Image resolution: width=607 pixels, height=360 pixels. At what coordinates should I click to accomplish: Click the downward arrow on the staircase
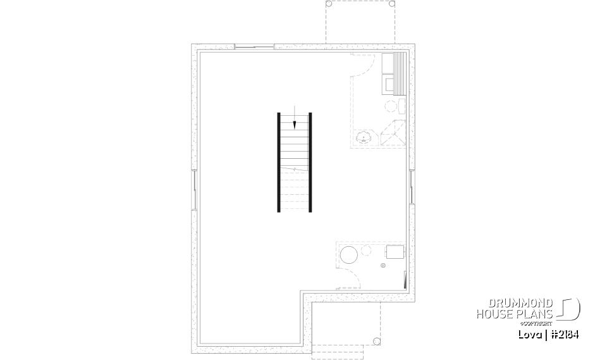(294, 125)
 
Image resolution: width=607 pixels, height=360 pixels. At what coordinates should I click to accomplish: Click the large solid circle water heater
(348, 256)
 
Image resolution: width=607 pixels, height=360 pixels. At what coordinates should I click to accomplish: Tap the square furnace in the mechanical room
(395, 251)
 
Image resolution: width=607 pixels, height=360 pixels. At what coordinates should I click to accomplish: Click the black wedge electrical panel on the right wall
(404, 280)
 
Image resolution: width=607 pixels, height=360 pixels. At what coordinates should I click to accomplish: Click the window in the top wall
(254, 46)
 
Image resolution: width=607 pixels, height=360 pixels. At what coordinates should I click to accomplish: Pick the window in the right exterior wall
(411, 188)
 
